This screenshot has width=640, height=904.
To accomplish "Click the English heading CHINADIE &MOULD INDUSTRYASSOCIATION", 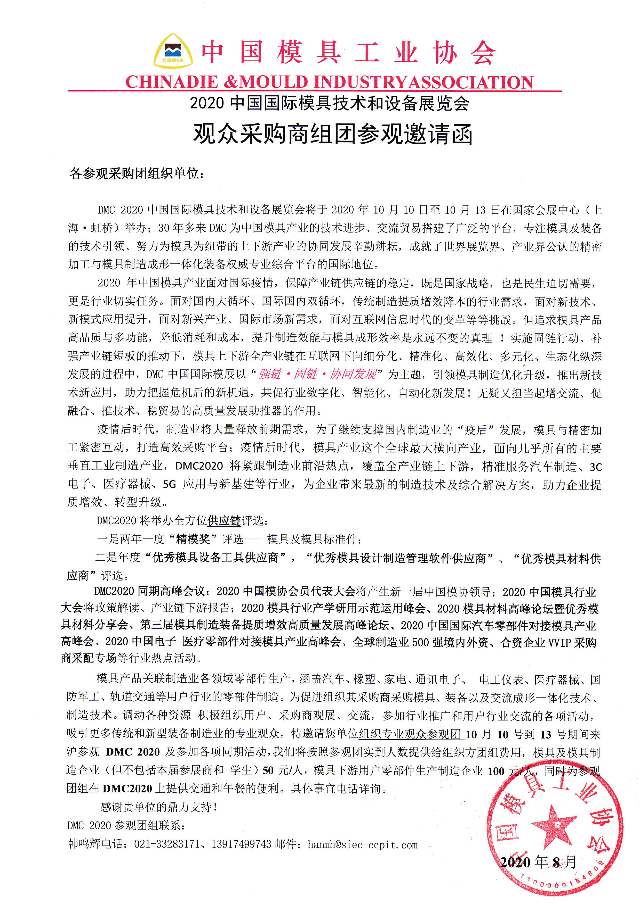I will click(329, 82).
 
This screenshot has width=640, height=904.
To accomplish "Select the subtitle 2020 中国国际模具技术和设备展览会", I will click(330, 103).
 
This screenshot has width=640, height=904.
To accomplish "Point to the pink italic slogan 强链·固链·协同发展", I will click(317, 374).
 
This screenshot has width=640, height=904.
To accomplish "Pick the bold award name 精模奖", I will click(193, 539).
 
